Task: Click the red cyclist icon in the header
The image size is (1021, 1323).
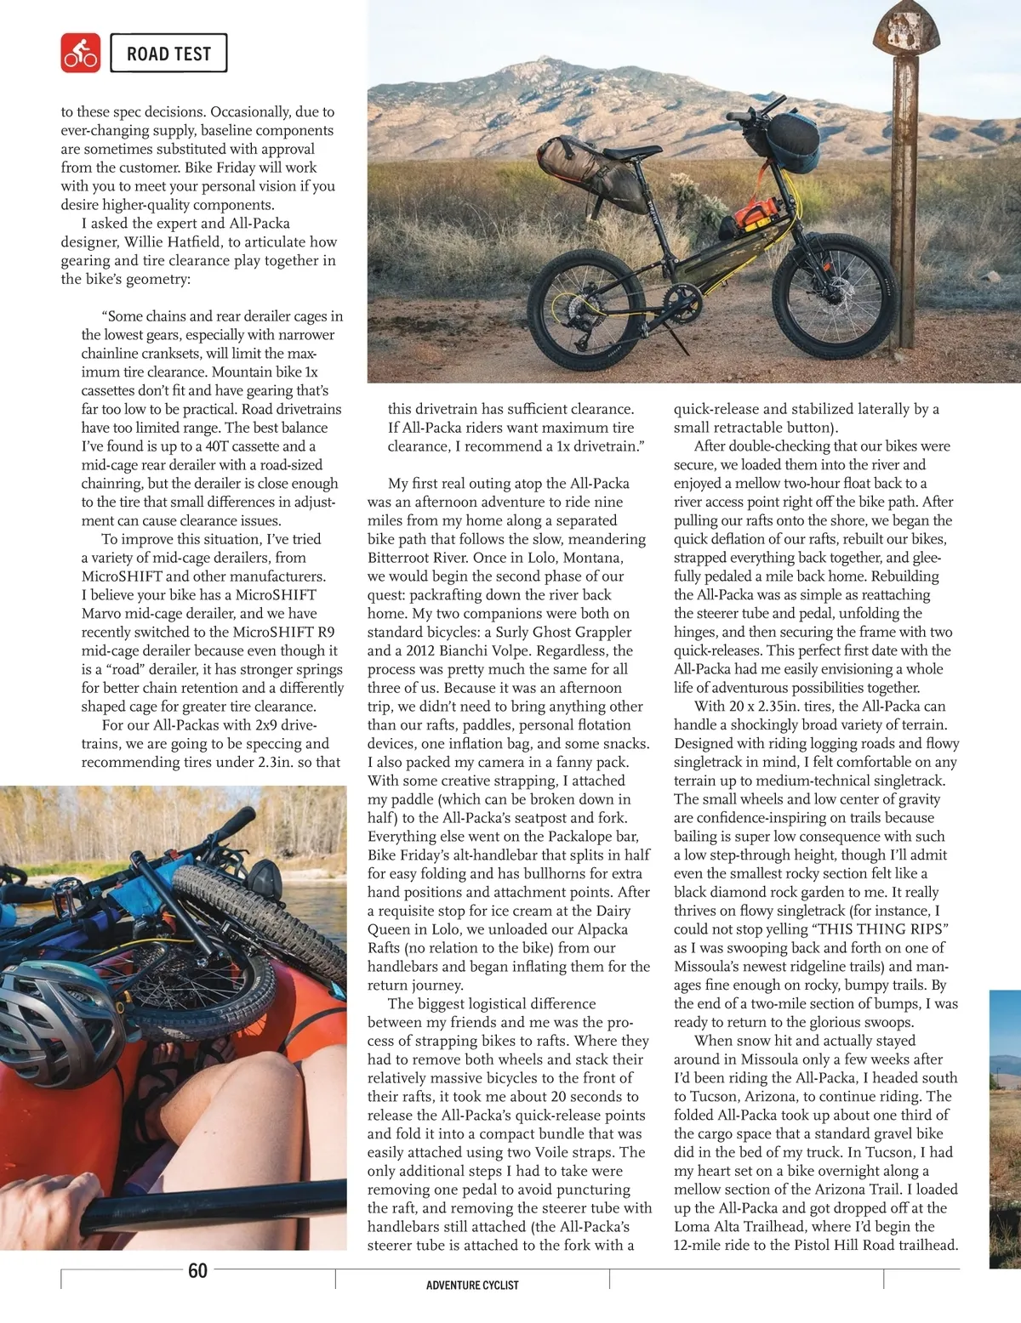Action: (81, 53)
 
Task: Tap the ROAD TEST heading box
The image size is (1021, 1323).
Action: (168, 54)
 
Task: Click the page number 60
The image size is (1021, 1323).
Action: (197, 1270)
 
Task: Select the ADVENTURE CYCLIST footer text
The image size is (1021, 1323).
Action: (472, 1285)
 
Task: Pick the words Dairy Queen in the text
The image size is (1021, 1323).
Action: (605, 911)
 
